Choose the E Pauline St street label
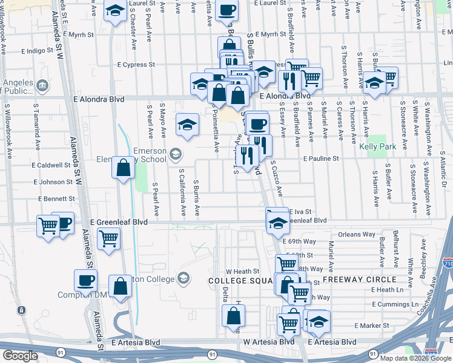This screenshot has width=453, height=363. (x=328, y=159)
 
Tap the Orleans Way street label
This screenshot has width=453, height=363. (x=357, y=234)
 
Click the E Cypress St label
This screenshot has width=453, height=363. (x=136, y=64)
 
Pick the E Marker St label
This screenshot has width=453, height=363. (x=372, y=325)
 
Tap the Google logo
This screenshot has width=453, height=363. (x=20, y=356)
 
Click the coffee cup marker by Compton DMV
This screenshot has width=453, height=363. (x=85, y=280)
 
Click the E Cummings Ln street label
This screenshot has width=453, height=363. (x=395, y=304)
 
